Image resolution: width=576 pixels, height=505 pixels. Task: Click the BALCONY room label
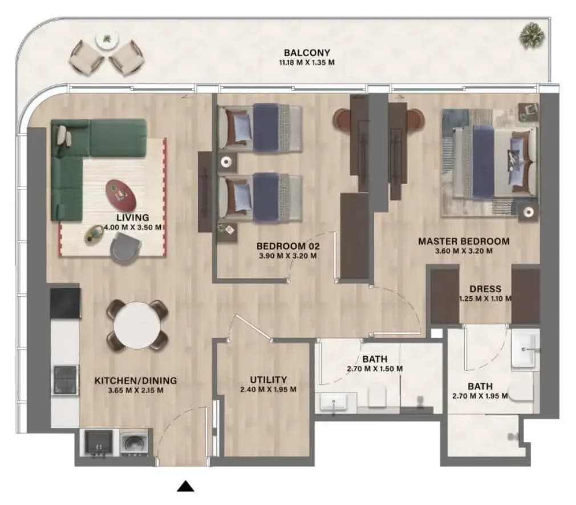(x=307, y=52)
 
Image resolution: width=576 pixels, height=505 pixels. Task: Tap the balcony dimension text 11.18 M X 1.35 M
(x=307, y=62)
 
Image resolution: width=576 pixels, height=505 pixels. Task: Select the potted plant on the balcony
(x=532, y=35)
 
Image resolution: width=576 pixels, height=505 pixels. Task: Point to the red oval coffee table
(x=121, y=195)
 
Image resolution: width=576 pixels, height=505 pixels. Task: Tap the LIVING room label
(x=133, y=217)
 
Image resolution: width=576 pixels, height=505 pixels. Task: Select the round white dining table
(x=137, y=325)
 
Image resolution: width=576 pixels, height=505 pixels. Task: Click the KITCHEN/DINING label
(x=136, y=381)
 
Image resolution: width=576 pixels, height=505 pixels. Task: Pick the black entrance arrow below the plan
(x=185, y=486)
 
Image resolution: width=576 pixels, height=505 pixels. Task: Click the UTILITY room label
(x=268, y=379)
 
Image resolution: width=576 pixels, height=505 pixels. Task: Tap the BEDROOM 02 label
(x=288, y=246)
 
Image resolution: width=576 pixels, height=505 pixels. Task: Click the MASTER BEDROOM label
(x=464, y=241)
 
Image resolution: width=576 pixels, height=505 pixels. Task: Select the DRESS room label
(x=485, y=289)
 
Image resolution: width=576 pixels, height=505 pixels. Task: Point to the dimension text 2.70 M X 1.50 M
(x=375, y=369)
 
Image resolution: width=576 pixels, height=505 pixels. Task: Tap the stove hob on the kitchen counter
(x=66, y=379)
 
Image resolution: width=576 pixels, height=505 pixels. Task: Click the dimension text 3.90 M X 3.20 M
(x=288, y=256)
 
